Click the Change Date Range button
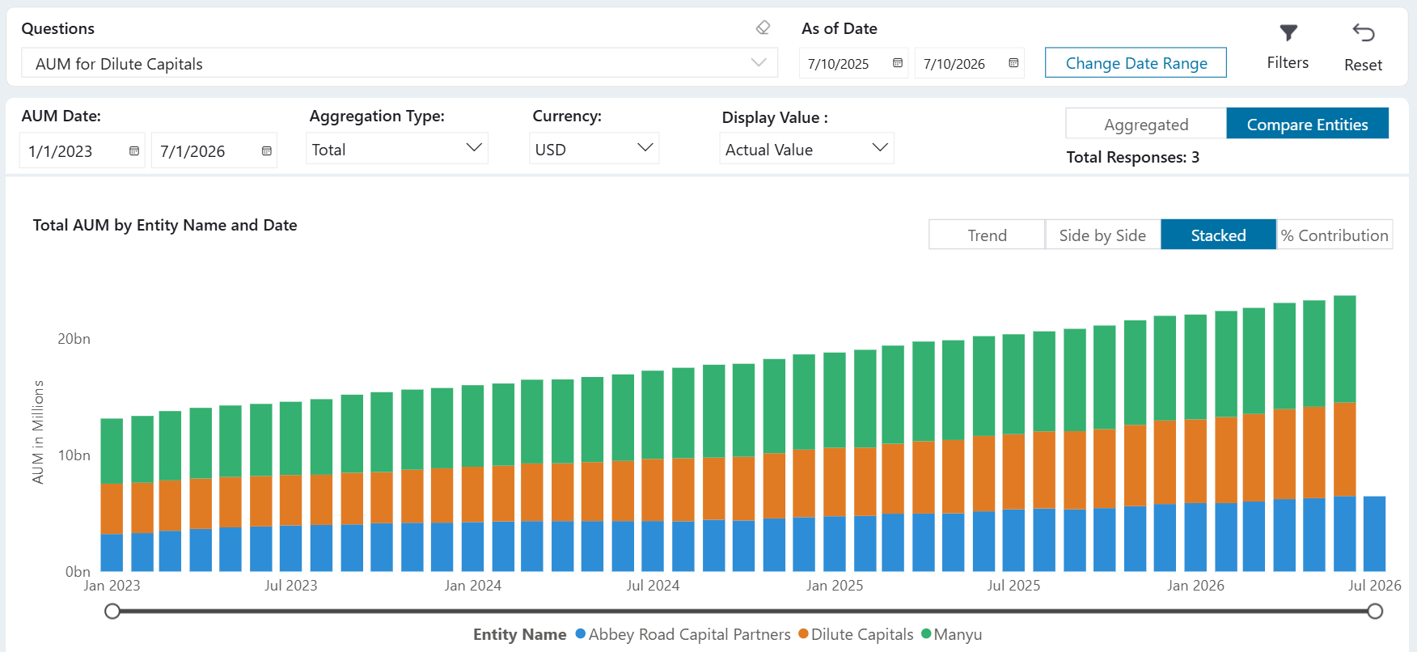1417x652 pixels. [x=1136, y=63]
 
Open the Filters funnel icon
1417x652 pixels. [x=1288, y=33]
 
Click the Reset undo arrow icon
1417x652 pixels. [x=1364, y=32]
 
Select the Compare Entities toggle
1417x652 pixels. [x=1307, y=124]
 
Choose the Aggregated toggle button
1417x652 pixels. [x=1146, y=124]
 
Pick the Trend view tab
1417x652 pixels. [x=987, y=235]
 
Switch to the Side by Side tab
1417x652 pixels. [x=1102, y=235]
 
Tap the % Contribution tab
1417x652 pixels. [x=1335, y=235]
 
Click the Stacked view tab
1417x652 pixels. [x=1218, y=235]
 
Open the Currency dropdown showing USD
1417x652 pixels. [x=594, y=149]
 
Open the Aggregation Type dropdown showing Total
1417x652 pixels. [x=396, y=149]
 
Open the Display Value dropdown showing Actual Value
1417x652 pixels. [x=806, y=149]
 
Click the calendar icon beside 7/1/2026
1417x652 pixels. [x=266, y=151]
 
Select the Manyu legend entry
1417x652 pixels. [x=952, y=634]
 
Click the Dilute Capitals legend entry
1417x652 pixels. [x=856, y=634]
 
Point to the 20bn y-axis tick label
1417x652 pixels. [x=74, y=339]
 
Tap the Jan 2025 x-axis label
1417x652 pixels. [x=835, y=586]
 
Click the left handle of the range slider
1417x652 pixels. [x=112, y=611]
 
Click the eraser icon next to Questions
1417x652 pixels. [x=763, y=28]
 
